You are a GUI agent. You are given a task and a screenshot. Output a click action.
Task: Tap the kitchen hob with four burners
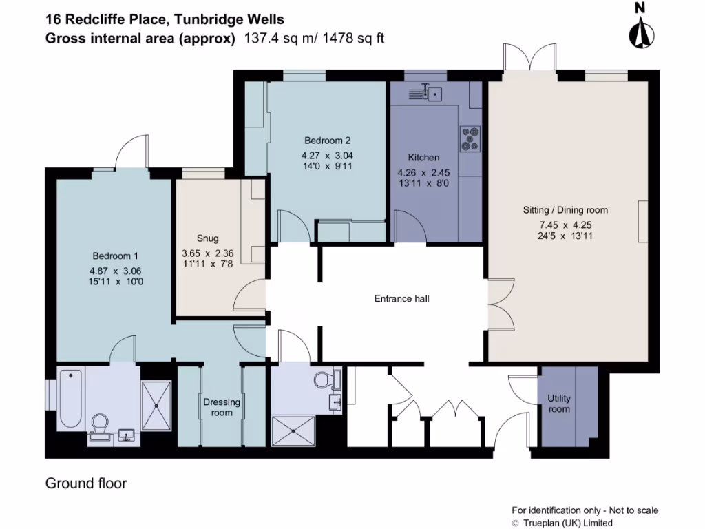pyautogui.click(x=471, y=138)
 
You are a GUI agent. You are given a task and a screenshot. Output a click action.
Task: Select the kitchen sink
pyautogui.click(x=432, y=92)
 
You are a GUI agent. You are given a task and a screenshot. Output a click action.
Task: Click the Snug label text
pyautogui.click(x=207, y=238)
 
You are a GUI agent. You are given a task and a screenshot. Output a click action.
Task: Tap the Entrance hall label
pyautogui.click(x=401, y=298)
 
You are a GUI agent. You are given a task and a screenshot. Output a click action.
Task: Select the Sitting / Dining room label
pyautogui.click(x=565, y=210)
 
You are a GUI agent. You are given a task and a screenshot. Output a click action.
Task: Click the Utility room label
pyautogui.click(x=559, y=404)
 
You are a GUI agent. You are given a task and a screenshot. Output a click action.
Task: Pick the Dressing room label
pyautogui.click(x=222, y=407)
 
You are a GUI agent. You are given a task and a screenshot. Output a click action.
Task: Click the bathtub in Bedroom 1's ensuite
pyautogui.click(x=71, y=399)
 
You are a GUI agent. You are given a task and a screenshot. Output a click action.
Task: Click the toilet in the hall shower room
pyautogui.click(x=324, y=379)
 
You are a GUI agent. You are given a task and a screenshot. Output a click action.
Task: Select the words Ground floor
pyautogui.click(x=86, y=484)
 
